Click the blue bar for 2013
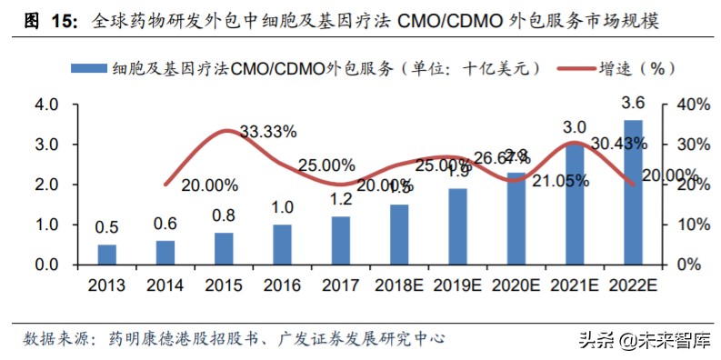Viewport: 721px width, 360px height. click(107, 255)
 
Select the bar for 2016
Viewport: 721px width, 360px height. click(282, 245)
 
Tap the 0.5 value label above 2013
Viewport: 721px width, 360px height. click(107, 227)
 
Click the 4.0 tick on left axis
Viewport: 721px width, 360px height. click(46, 105)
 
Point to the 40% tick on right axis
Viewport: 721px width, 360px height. click(692, 105)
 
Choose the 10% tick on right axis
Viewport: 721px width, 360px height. click(692, 225)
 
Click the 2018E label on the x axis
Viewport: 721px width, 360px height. click(398, 285)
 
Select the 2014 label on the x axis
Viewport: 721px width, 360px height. click(165, 285)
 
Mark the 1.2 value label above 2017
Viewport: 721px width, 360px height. click(340, 199)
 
